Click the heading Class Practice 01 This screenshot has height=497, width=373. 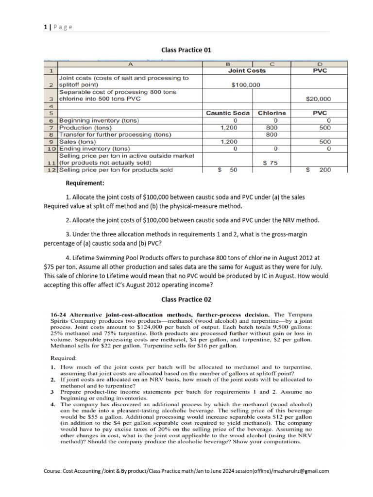pyautogui.click(x=186, y=50)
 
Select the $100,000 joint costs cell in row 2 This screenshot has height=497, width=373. pyautogui.click(x=246, y=85)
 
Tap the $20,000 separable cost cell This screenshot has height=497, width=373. pyautogui.click(x=319, y=99)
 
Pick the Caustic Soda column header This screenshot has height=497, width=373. pyautogui.click(x=228, y=113)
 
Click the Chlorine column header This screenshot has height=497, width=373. pyautogui.click(x=271, y=113)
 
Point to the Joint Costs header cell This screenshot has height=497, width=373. pyautogui.click(x=246, y=70)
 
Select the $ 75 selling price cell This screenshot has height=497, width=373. pyautogui.click(x=271, y=163)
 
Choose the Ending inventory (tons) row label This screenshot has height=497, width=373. pyautogui.click(x=94, y=149)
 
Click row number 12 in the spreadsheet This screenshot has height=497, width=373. pyautogui.click(x=51, y=170)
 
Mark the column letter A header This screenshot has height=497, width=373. pyautogui.click(x=130, y=64)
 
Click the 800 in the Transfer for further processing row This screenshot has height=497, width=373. pyautogui.click(x=272, y=134)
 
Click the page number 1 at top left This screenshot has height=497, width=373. pyautogui.click(x=44, y=27)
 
